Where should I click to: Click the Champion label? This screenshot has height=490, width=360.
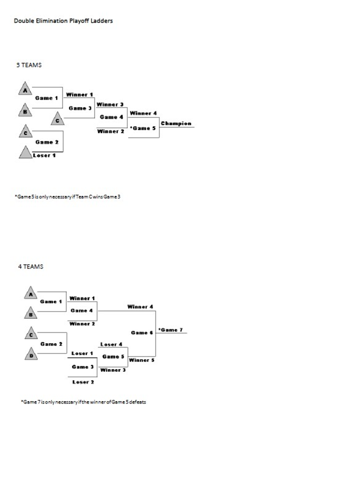(176, 123)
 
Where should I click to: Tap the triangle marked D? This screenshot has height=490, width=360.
(31, 355)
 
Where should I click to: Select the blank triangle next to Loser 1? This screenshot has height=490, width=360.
(25, 153)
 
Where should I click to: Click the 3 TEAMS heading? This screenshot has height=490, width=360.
(29, 65)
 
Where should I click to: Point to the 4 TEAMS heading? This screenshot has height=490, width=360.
(31, 267)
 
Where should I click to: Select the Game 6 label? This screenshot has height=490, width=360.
(142, 332)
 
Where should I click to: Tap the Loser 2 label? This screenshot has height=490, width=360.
(83, 382)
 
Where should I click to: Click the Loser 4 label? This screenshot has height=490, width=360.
(111, 344)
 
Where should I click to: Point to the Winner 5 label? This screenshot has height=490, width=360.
(142, 360)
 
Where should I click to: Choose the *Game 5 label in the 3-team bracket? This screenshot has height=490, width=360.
(143, 128)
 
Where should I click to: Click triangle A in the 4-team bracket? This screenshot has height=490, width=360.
(31, 293)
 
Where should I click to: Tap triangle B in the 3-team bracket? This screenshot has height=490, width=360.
(25, 111)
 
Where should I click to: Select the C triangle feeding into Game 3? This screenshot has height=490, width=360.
(58, 120)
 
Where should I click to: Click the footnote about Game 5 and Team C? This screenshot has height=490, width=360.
(67, 197)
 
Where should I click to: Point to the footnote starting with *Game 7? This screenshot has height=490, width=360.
(83, 402)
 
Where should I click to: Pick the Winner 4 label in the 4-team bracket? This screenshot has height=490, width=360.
(140, 307)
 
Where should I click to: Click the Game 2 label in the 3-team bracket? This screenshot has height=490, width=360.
(47, 142)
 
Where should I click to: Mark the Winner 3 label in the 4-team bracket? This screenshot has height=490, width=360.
(113, 370)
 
